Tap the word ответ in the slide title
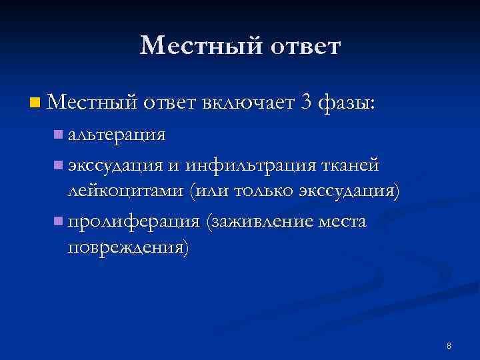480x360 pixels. [x=301, y=46]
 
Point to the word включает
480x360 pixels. [x=239, y=102]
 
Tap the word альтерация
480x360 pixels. [x=116, y=135]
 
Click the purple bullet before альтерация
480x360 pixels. [x=59, y=135]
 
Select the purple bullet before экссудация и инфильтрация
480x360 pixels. [x=59, y=164]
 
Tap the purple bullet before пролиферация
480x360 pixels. [x=59, y=221]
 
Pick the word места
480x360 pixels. [x=343, y=221]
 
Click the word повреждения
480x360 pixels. [x=127, y=249]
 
